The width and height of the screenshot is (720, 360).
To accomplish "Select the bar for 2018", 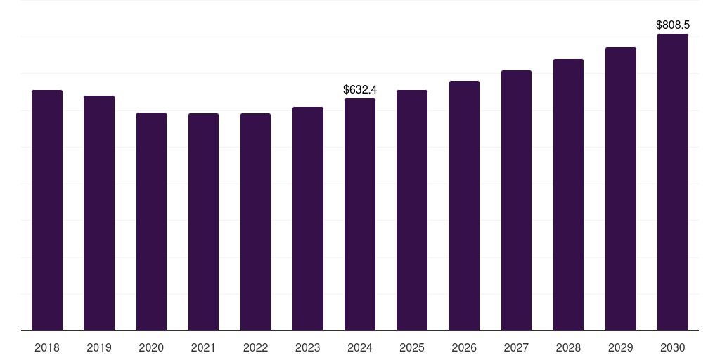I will [x=47, y=210].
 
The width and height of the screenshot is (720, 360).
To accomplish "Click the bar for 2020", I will [x=151, y=221].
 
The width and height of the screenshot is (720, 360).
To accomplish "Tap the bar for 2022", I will [x=255, y=221].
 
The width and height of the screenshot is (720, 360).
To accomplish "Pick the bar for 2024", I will [x=360, y=214].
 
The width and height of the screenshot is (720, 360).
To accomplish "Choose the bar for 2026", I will [x=464, y=205].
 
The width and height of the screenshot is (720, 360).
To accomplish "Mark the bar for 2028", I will [x=568, y=195].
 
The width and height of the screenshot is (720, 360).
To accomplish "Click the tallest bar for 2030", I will [x=673, y=182].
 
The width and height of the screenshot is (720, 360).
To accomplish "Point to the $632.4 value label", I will [x=360, y=89].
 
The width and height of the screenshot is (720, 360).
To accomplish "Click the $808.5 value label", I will [x=673, y=25].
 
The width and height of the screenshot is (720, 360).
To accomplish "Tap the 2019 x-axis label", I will [x=99, y=347].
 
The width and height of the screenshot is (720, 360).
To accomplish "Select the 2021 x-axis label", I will [x=203, y=347].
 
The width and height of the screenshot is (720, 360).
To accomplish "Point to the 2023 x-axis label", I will [x=307, y=347].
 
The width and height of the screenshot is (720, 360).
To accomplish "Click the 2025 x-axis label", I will [x=412, y=347].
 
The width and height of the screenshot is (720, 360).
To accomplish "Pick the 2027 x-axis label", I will [x=516, y=347].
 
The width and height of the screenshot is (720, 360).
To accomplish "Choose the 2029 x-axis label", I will [x=620, y=347].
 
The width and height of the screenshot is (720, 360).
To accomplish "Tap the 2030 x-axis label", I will [x=673, y=347].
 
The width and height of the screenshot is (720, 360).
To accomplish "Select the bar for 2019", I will [x=99, y=213].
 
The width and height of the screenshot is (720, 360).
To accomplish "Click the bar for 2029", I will [x=620, y=188].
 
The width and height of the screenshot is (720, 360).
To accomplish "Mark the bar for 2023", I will [x=307, y=219].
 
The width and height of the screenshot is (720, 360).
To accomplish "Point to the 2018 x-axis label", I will [x=47, y=347].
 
